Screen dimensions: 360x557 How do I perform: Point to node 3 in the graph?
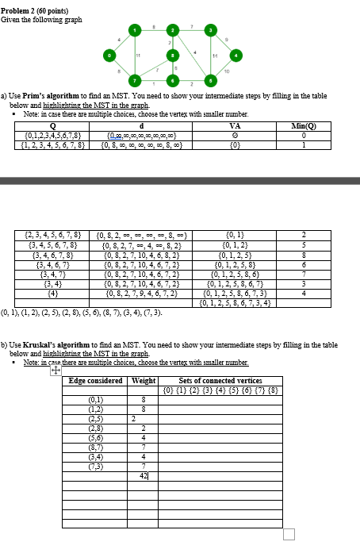209,29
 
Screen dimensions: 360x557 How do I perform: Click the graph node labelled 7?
136,80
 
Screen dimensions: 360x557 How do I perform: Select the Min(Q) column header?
304,125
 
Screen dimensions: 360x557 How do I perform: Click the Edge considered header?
95,381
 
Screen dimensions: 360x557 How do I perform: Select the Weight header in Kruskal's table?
143,381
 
